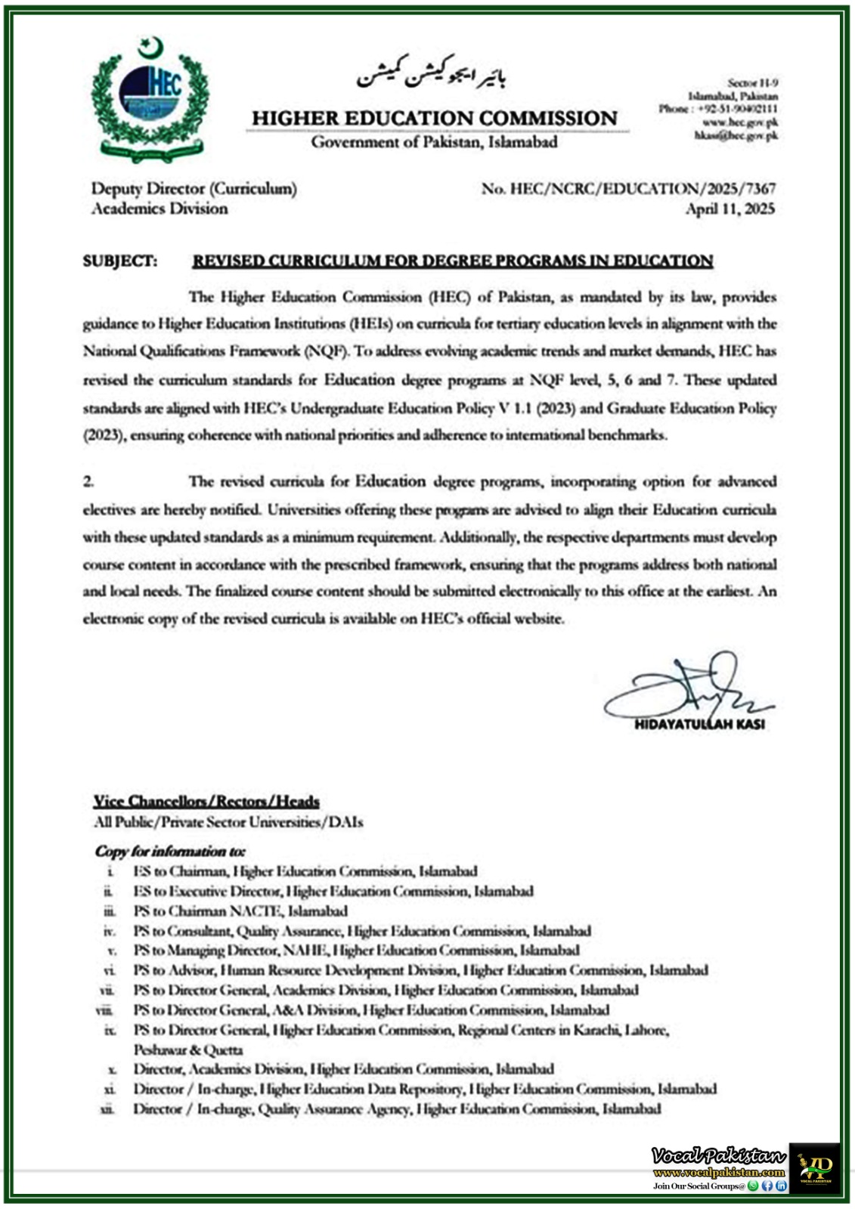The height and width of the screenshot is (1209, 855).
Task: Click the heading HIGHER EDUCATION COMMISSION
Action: [x=435, y=119]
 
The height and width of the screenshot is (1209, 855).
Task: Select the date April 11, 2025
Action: [x=730, y=209]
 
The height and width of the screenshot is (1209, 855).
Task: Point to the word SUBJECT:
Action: [x=120, y=261]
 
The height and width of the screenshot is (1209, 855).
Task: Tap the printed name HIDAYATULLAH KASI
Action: [x=699, y=724]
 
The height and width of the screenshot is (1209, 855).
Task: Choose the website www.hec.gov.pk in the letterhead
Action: [x=740, y=122]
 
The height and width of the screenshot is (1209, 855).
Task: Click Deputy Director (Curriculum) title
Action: [x=194, y=189]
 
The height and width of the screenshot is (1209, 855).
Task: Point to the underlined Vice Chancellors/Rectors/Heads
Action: [x=206, y=801]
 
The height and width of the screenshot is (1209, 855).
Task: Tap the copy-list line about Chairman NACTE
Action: [x=240, y=911]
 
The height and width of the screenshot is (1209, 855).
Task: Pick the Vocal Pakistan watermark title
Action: [x=718, y=1155]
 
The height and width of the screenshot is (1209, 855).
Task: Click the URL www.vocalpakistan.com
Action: [x=719, y=1172]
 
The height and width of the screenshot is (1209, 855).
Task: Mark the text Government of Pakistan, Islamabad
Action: [x=434, y=142]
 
